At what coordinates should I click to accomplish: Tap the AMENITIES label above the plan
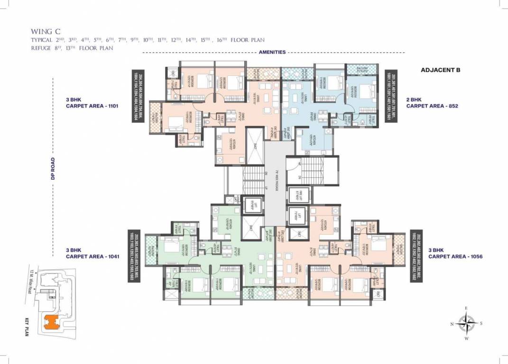272,52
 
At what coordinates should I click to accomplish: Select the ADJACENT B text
441,70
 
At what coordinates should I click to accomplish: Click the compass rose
467,324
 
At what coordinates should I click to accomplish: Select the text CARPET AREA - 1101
92,107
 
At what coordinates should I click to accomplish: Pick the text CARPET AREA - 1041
92,256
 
